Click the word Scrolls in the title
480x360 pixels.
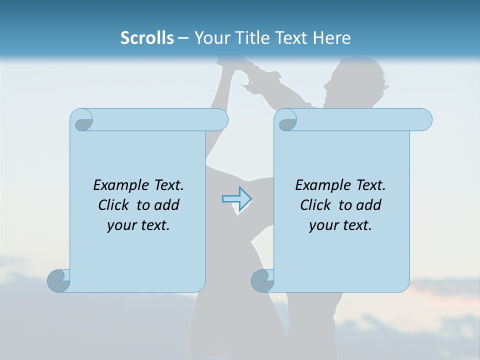coord(147,37)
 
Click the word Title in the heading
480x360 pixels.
coord(248,37)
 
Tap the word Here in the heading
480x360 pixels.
coord(331,37)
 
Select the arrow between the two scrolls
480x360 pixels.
coord(236,198)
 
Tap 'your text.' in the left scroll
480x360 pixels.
coord(138,225)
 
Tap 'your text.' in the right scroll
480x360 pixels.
coord(340,225)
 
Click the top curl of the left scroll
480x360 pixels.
coord(82,120)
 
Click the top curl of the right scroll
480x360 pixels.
coord(286,120)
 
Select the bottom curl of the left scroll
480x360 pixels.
coord(58,280)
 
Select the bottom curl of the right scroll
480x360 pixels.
coord(262,280)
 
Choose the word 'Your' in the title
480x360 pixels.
coord(210,37)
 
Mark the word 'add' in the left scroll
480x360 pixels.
coord(167,205)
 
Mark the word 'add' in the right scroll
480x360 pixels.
coord(369,205)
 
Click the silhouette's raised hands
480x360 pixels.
coord(235,65)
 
